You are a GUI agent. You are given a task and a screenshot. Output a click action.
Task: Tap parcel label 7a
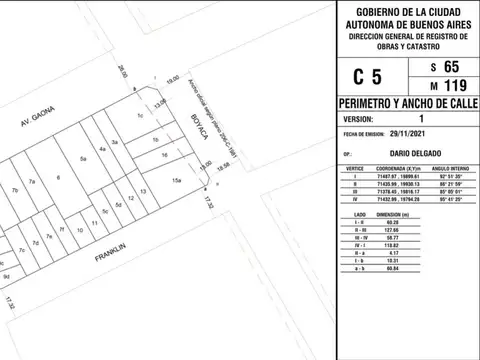click(x=31, y=182)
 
